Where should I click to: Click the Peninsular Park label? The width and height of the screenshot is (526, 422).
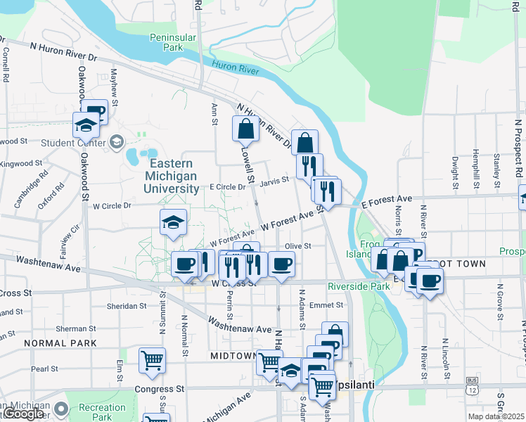coord(166,42)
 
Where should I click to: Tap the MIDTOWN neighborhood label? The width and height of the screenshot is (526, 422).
coord(233,357)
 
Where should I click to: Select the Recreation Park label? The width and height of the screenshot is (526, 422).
coord(102,412)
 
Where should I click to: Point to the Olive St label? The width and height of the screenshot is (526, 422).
coord(297,246)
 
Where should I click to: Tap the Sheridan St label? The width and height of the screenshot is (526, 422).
coord(126,307)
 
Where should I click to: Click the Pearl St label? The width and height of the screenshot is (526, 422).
coord(44,369)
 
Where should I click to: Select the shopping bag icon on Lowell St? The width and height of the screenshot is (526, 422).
coord(245,129)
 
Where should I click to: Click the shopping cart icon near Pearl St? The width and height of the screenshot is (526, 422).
coord(152,360)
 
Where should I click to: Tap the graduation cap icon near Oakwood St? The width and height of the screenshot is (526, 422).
coord(86,125)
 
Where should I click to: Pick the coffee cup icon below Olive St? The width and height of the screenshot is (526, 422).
coord(281,264)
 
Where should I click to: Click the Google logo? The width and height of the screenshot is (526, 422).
coord(23,414)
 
